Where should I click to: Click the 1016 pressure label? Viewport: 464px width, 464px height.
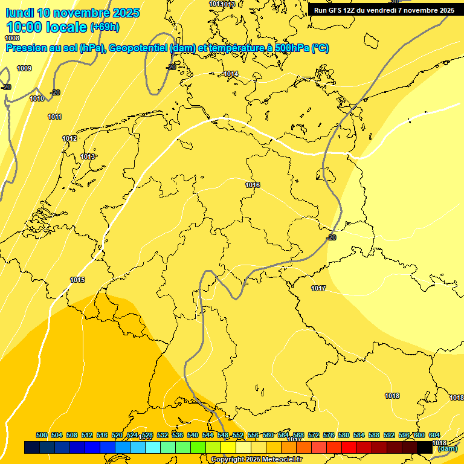[253, 185]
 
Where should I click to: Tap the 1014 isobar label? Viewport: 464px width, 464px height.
[231, 74]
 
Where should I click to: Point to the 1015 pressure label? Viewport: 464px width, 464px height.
[77, 280]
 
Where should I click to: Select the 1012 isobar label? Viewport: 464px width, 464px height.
[69, 139]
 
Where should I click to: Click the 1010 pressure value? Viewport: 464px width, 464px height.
[37, 98]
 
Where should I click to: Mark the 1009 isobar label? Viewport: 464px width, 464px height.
[24, 68]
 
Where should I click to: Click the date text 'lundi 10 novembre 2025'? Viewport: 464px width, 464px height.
[72, 13]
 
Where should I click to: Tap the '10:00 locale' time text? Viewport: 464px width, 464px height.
[47, 27]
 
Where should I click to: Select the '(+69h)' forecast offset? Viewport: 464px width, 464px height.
[105, 27]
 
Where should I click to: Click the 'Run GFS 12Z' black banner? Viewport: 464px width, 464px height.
[384, 10]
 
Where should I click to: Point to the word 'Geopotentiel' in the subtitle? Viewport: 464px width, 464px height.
[140, 48]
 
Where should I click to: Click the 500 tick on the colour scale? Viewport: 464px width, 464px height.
[42, 435]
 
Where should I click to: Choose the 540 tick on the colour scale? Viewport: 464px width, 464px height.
[193, 435]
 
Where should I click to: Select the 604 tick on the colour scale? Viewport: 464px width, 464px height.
[434, 435]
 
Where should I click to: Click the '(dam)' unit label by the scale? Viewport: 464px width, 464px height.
[447, 448]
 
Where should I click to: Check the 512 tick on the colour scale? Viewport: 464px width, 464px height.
[87, 435]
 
